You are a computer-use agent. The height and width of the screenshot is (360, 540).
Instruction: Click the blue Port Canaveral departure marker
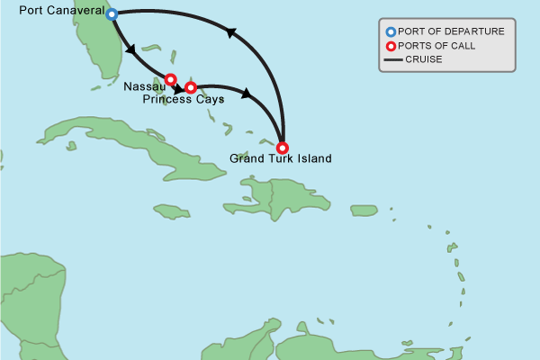[112, 14]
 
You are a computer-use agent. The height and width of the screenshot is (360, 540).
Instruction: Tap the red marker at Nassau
[170, 79]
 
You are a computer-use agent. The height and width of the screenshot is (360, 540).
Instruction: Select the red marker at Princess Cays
[191, 87]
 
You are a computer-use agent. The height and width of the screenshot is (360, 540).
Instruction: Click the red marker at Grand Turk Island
[283, 147]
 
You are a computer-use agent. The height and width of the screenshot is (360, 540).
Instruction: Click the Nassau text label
[141, 86]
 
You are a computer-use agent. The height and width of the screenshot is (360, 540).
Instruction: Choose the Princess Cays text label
[184, 100]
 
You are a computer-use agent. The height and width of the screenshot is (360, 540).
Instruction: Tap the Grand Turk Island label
[281, 159]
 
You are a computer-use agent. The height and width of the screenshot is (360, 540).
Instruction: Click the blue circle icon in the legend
[391, 31]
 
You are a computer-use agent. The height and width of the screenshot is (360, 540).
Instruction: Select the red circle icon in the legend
[391, 46]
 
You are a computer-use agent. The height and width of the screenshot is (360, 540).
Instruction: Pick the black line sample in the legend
[392, 60]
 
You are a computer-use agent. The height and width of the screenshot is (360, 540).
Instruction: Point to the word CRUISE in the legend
[424, 60]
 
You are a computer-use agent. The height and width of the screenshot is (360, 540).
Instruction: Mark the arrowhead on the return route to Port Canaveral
[229, 33]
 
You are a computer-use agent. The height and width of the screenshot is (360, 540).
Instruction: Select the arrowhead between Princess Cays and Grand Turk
[246, 93]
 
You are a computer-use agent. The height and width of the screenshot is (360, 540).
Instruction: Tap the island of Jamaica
[171, 211]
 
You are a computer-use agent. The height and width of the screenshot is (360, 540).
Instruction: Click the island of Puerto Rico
[363, 211]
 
